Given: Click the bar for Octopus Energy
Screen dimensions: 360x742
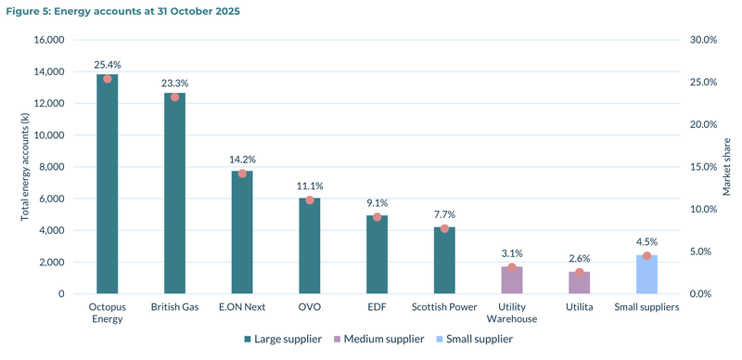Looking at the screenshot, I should click(108, 186).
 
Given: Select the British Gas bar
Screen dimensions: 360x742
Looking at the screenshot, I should click(174, 195).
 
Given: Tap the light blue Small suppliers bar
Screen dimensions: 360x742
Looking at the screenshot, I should click(646, 275).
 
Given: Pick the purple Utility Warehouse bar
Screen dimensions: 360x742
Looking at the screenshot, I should click(512, 280).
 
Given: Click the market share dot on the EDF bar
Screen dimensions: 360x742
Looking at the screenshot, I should click(377, 217).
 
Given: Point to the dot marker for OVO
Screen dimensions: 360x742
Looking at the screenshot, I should click(310, 199).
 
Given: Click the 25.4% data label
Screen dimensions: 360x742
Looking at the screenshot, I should click(108, 65).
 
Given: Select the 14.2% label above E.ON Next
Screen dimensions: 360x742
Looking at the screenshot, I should click(242, 160).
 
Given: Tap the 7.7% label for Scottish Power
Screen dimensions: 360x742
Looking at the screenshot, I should click(444, 214).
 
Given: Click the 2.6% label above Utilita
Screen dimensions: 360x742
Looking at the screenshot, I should click(579, 259).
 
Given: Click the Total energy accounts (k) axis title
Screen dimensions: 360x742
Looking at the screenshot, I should click(24, 167).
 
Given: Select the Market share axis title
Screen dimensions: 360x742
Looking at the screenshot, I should click(726, 167).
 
